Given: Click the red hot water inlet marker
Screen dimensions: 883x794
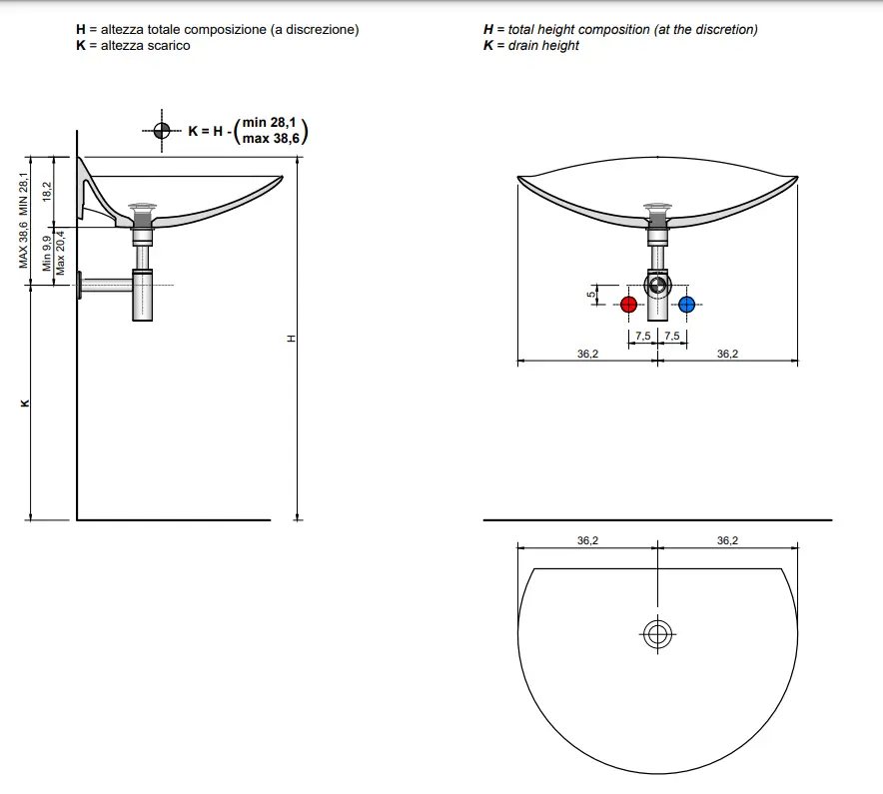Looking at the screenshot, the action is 628,305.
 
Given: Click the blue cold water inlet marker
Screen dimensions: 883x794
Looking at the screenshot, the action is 686,305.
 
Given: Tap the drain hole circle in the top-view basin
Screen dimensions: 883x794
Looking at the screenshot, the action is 657,634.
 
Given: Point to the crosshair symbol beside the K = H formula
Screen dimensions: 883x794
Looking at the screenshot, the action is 162,131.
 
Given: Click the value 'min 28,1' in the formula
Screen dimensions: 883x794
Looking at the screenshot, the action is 269,122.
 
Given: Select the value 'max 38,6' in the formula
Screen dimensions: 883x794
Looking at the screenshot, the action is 271,138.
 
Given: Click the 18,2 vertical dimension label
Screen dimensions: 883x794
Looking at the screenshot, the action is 47,192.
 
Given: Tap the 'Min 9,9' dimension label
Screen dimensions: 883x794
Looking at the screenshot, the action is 47,253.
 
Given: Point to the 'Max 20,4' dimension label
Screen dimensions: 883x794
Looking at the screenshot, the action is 60,253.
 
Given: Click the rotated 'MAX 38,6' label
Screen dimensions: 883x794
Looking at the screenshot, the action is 23,245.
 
